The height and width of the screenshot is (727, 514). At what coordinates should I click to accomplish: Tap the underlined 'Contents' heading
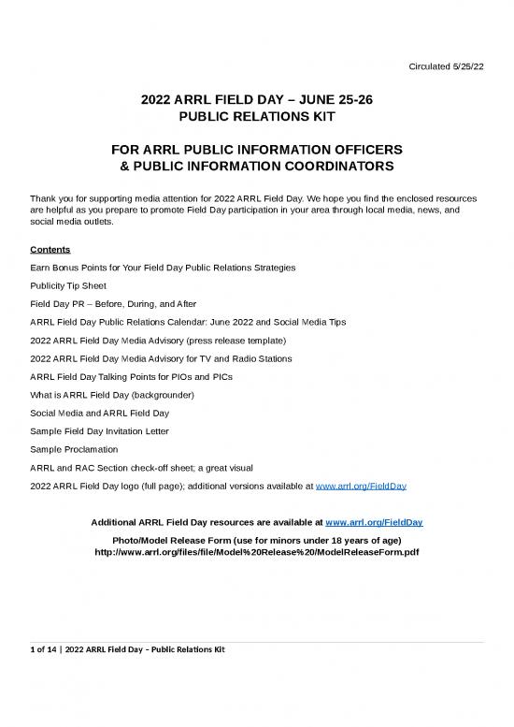point(49,250)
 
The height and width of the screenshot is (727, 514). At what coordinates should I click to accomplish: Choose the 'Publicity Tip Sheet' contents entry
point(68,285)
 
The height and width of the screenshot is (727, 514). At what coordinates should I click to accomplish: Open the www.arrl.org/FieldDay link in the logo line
point(362,487)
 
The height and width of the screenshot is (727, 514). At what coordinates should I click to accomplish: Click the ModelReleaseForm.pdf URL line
point(257,552)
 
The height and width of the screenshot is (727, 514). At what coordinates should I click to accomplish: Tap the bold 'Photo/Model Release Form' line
point(257,539)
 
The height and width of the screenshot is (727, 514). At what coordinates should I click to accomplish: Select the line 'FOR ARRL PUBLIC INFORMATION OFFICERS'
point(257,150)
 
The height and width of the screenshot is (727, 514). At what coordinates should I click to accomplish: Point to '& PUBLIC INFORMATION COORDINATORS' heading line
point(257,167)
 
